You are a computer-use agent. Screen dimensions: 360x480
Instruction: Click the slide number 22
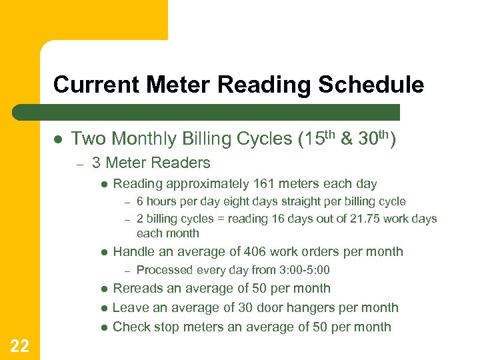click(x=19, y=344)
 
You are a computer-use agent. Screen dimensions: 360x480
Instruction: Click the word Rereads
click(x=137, y=289)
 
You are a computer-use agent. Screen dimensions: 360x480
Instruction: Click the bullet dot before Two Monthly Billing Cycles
click(x=58, y=139)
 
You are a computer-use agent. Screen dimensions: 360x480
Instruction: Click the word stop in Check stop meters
click(x=164, y=327)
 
